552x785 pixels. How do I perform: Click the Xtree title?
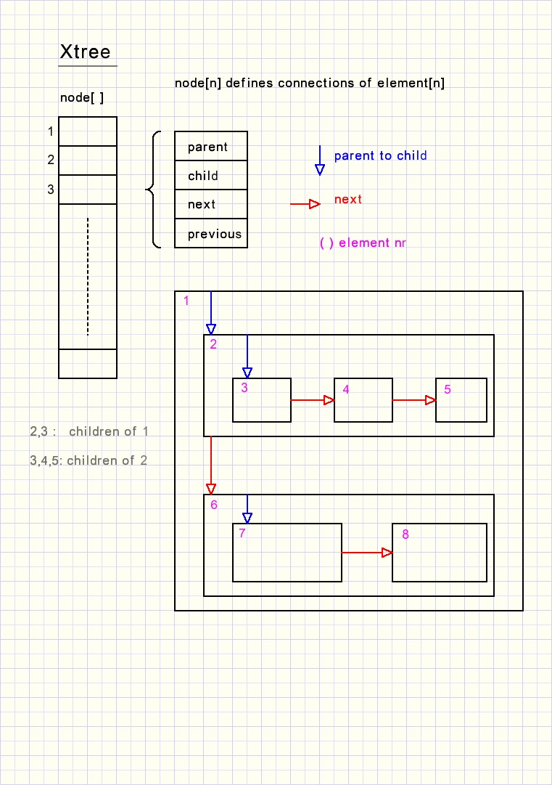coord(85,52)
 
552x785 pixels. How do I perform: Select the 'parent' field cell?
coord(211,147)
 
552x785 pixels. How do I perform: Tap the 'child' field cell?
coord(211,176)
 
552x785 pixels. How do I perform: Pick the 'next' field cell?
coord(211,205)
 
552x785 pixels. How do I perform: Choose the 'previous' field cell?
coord(211,234)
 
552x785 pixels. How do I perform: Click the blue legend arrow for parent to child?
coord(320,160)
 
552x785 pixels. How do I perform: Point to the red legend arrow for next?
coord(305,204)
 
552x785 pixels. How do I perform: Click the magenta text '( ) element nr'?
coord(363,243)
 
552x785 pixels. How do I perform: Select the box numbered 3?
coord(262,401)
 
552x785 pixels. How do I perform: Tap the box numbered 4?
coord(363,401)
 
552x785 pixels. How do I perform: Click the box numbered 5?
coord(461,401)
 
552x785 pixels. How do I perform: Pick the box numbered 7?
coord(287,553)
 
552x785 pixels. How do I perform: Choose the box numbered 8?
coord(440,553)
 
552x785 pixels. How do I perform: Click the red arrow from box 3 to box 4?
coord(313,400)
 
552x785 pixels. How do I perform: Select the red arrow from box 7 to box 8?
coord(367,553)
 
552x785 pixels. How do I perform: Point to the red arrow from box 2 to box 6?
coord(211,465)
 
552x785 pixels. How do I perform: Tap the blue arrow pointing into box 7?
coord(247,509)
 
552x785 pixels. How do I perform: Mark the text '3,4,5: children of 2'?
coord(88,460)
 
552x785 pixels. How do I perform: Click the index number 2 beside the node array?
coord(51,160)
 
